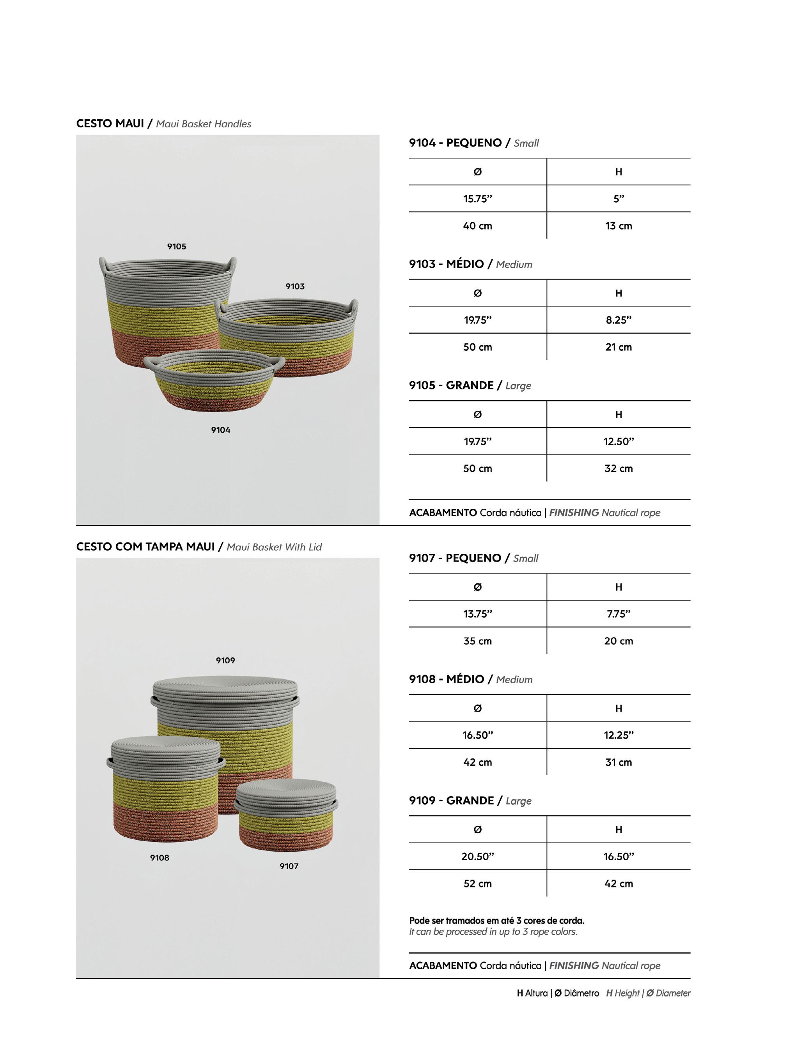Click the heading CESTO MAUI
pyautogui.click(x=110, y=124)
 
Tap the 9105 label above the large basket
pyautogui.click(x=176, y=247)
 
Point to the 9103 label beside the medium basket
pyautogui.click(x=295, y=286)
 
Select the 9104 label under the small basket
pyautogui.click(x=221, y=430)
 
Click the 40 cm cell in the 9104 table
pyautogui.click(x=477, y=226)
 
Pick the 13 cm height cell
pyautogui.click(x=619, y=226)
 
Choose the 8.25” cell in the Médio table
pyautogui.click(x=619, y=320)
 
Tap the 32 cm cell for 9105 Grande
pyautogui.click(x=619, y=468)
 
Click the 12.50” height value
pyautogui.click(x=619, y=441)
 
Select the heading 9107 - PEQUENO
pyautogui.click(x=456, y=558)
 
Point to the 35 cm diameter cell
pyautogui.click(x=477, y=641)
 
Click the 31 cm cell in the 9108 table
pyautogui.click(x=619, y=762)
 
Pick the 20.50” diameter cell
pyautogui.click(x=477, y=857)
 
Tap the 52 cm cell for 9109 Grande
pyautogui.click(x=477, y=884)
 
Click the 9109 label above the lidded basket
pyautogui.click(x=225, y=660)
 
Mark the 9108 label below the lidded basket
pyautogui.click(x=160, y=858)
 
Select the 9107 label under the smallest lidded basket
pyautogui.click(x=289, y=866)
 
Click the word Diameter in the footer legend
pyautogui.click(x=673, y=993)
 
